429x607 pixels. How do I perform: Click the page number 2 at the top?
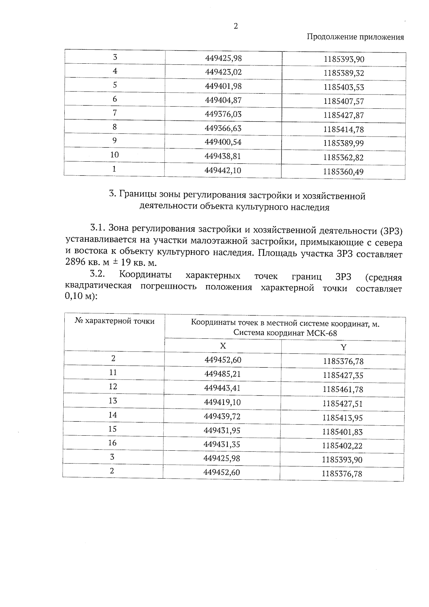[235, 26]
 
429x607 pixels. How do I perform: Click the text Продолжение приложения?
[355, 37]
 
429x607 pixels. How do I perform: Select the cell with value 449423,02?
[223, 72]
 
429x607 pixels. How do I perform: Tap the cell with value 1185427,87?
[344, 116]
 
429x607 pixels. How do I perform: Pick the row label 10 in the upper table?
[114, 155]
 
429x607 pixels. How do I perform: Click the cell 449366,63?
[223, 128]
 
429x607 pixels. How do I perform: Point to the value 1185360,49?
[343, 172]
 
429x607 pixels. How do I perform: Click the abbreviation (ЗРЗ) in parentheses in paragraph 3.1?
[391, 231]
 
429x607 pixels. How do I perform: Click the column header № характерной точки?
[115, 321]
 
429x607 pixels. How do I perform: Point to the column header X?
[223, 346]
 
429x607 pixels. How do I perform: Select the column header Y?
[343, 347]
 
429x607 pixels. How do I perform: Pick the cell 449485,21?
[222, 374]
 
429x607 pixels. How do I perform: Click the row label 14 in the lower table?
[113, 415]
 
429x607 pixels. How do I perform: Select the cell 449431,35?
[222, 445]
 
